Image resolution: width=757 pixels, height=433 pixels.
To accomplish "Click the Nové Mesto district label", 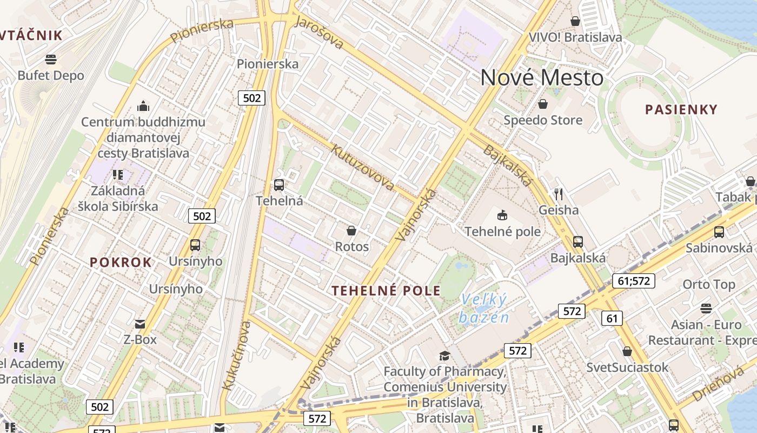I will (541, 77).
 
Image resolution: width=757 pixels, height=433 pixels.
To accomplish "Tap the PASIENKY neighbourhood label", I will (681, 109).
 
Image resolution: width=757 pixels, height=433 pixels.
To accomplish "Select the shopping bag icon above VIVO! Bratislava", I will (575, 21).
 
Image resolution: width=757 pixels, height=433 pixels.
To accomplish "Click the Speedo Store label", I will (543, 120).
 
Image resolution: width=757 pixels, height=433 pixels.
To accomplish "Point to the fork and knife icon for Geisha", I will (559, 194).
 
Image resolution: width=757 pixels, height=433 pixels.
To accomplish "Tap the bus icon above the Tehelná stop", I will (279, 185).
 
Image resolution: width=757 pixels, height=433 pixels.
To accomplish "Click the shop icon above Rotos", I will (351, 231).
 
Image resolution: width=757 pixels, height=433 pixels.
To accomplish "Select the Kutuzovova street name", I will (363, 167).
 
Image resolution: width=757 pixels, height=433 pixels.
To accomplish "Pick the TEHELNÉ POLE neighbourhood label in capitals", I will (386, 291).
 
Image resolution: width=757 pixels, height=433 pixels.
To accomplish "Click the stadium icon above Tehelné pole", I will (502, 215).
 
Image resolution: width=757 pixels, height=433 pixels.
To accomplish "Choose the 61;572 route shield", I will (634, 281).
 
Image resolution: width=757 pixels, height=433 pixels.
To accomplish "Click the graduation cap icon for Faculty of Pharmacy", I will (444, 356).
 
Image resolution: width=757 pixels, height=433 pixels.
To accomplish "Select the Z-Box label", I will (140, 339).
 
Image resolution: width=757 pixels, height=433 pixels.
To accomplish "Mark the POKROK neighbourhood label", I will (121, 263).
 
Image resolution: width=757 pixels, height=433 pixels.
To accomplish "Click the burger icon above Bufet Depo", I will (51, 59).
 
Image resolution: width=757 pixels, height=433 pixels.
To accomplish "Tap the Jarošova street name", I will (319, 32).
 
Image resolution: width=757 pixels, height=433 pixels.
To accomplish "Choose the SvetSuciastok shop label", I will (627, 368).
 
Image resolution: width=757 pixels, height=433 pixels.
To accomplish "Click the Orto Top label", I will (709, 284).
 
